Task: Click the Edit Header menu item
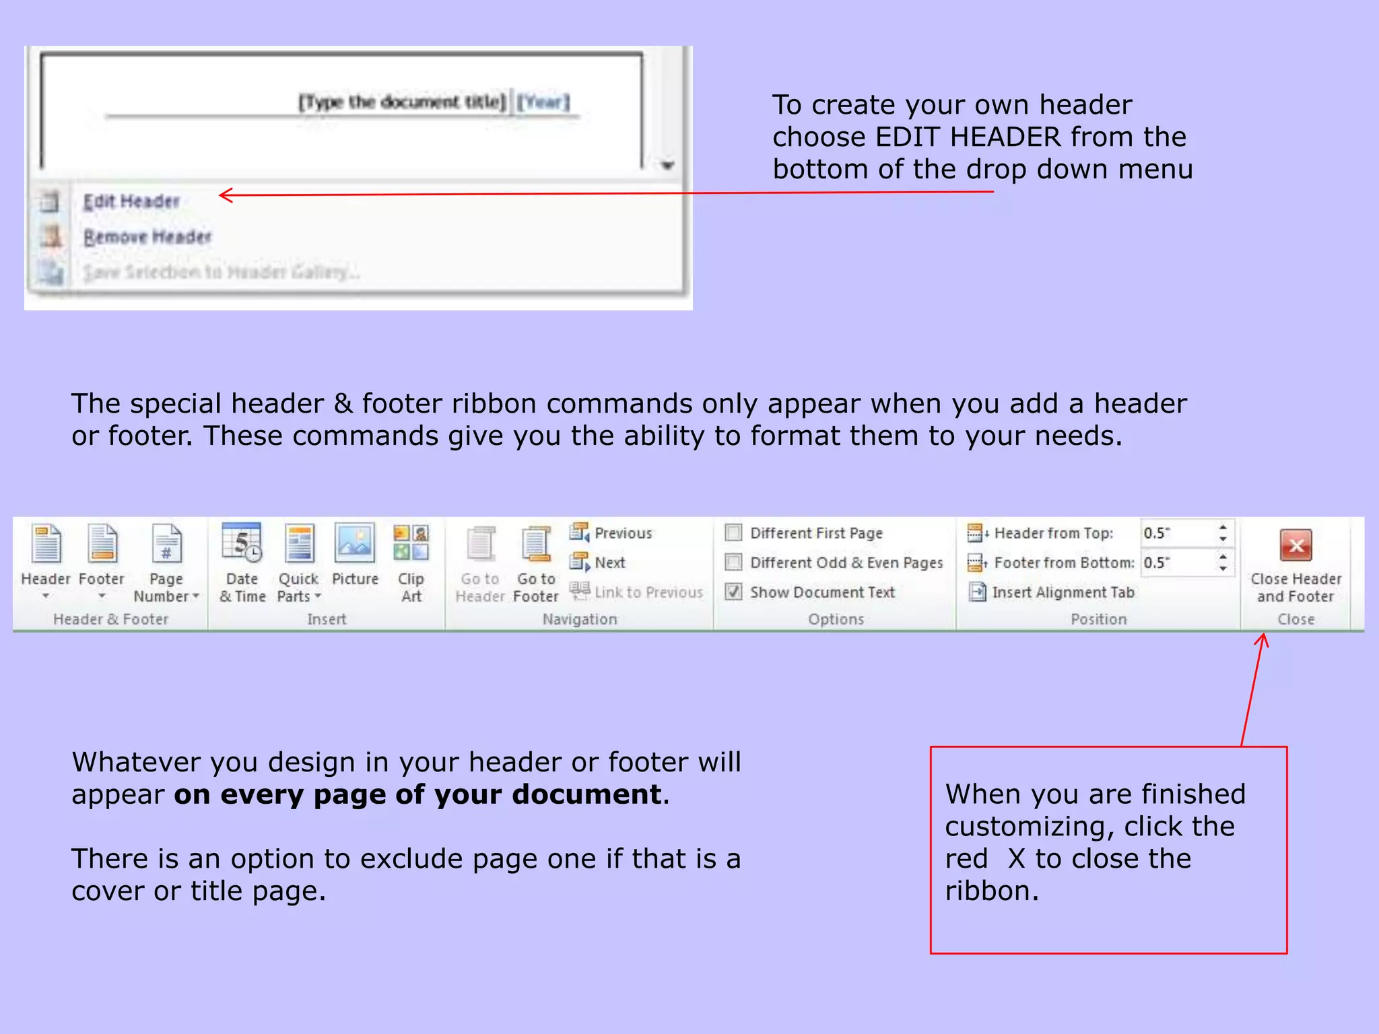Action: (131, 201)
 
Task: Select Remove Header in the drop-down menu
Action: (147, 237)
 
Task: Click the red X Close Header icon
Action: (1296, 545)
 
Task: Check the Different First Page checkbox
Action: (734, 533)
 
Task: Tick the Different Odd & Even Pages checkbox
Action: (734, 562)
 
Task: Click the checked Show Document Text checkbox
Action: (734, 592)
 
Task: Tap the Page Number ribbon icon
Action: (166, 544)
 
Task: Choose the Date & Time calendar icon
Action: (242, 543)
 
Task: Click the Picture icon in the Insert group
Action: (355, 543)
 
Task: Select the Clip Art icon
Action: (411, 543)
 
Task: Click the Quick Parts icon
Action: (299, 543)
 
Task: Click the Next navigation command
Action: (609, 562)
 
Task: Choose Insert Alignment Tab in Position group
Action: (1063, 592)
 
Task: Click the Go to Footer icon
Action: (536, 544)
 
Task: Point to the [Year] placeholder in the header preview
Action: (543, 102)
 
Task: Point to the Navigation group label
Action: (580, 619)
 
